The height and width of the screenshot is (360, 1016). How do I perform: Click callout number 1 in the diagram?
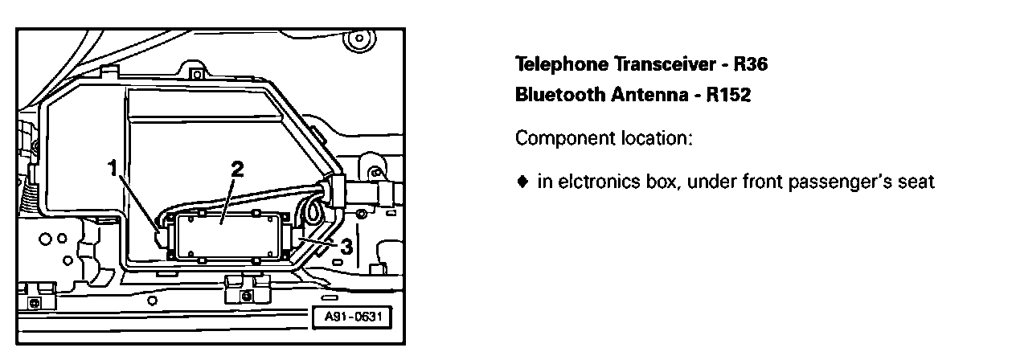(113, 167)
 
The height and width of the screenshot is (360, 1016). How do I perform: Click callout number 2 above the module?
(236, 170)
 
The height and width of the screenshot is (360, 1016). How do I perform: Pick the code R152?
(727, 96)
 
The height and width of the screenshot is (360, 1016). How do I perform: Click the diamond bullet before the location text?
(522, 182)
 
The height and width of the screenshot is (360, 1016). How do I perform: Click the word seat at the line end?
(917, 182)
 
